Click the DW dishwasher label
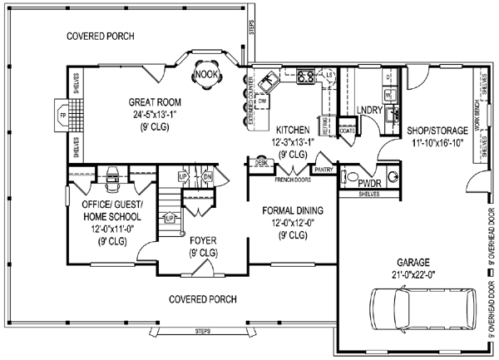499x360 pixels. point(262,101)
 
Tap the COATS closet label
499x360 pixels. point(347,130)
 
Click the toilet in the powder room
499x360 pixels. point(351,177)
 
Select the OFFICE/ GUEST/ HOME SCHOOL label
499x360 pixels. point(102,215)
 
